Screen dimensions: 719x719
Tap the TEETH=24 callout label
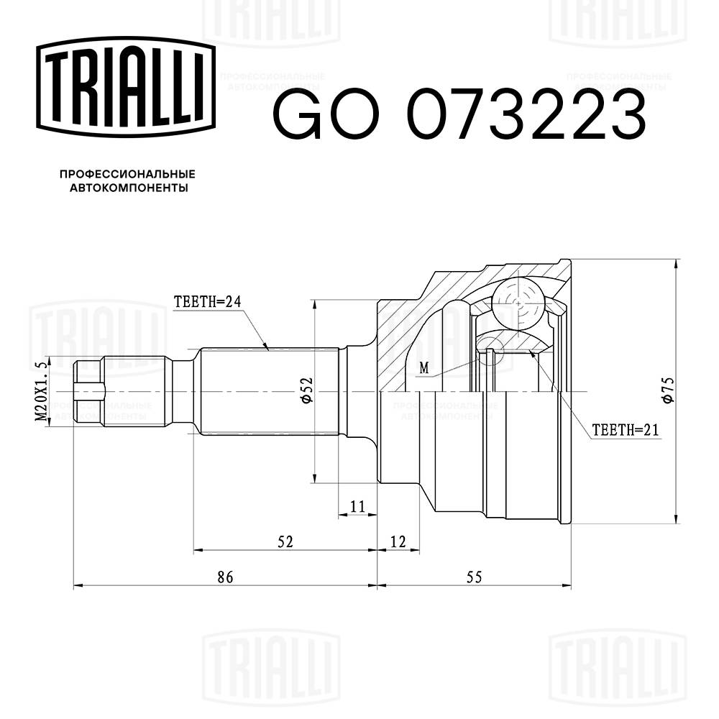click(x=206, y=302)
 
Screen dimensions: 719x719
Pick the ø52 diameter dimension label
click(x=306, y=392)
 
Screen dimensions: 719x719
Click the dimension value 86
click(x=225, y=576)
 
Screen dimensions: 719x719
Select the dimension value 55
click(x=473, y=576)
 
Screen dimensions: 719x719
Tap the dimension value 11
click(x=357, y=506)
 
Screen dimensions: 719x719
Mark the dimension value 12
click(x=398, y=541)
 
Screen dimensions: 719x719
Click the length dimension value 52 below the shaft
click(x=285, y=541)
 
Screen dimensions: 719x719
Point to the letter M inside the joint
click(x=424, y=368)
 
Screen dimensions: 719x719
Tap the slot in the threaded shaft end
click(x=89, y=392)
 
